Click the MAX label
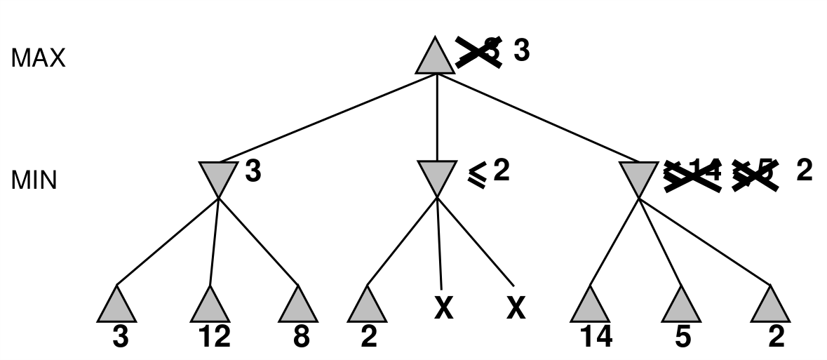38,58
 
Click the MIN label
34,180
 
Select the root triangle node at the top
436,57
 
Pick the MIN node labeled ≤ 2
436,176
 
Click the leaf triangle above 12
210,306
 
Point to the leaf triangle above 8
298,306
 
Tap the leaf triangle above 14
591,306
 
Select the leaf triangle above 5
681,306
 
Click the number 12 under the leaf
214,338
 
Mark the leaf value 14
596,338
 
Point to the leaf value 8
302,338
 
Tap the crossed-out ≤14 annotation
693,172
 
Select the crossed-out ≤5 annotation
755,172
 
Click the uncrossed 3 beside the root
521,51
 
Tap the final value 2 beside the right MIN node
805,171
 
